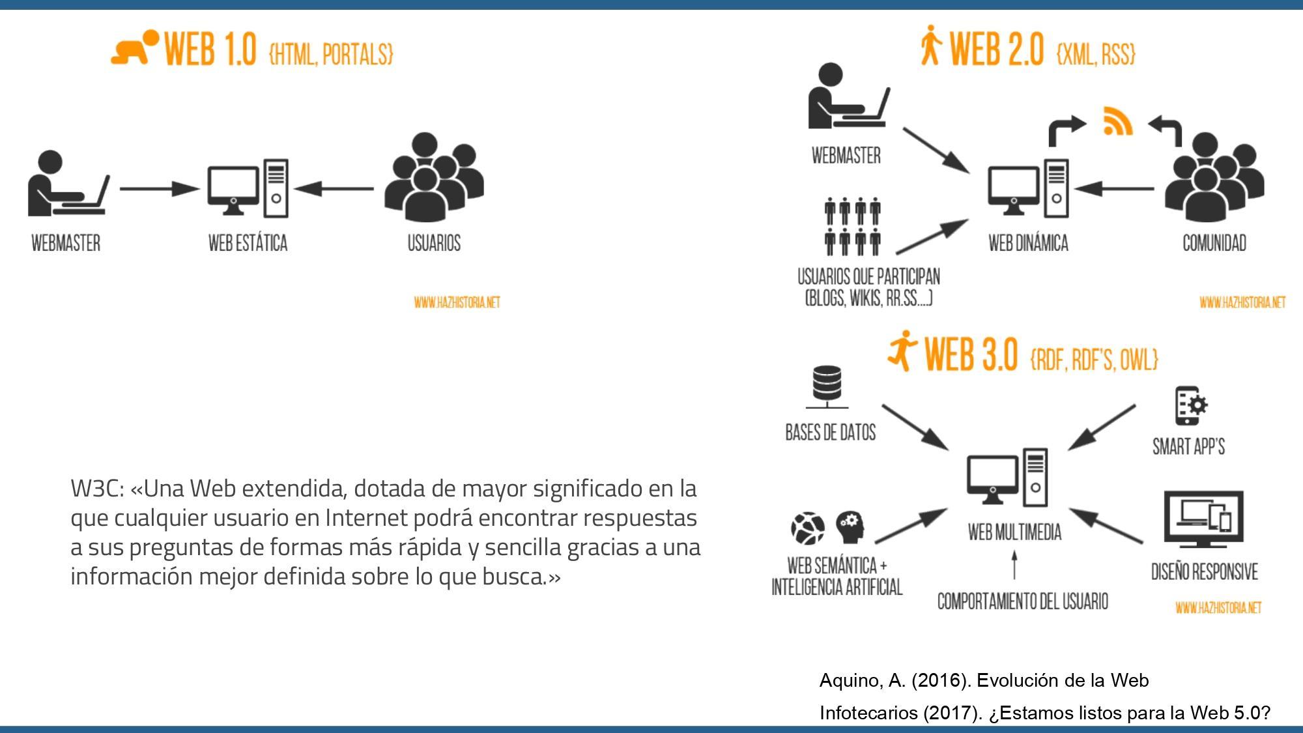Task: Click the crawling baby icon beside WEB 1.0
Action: [134, 48]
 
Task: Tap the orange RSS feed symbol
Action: [1117, 121]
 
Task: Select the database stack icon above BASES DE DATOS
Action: [827, 385]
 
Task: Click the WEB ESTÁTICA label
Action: [248, 243]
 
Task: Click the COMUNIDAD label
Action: [1214, 243]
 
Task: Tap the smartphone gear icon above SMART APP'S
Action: [1190, 405]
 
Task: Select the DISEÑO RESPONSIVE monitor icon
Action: [1203, 519]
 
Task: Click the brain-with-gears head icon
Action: [851, 527]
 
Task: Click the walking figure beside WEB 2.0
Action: [931, 46]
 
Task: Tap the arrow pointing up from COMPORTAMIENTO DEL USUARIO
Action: [1014, 565]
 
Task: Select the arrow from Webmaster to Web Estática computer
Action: [159, 189]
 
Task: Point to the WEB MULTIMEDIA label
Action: [1014, 532]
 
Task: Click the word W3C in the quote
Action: [97, 488]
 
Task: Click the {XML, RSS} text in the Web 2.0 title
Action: [1096, 53]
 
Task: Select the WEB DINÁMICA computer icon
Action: [1028, 189]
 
